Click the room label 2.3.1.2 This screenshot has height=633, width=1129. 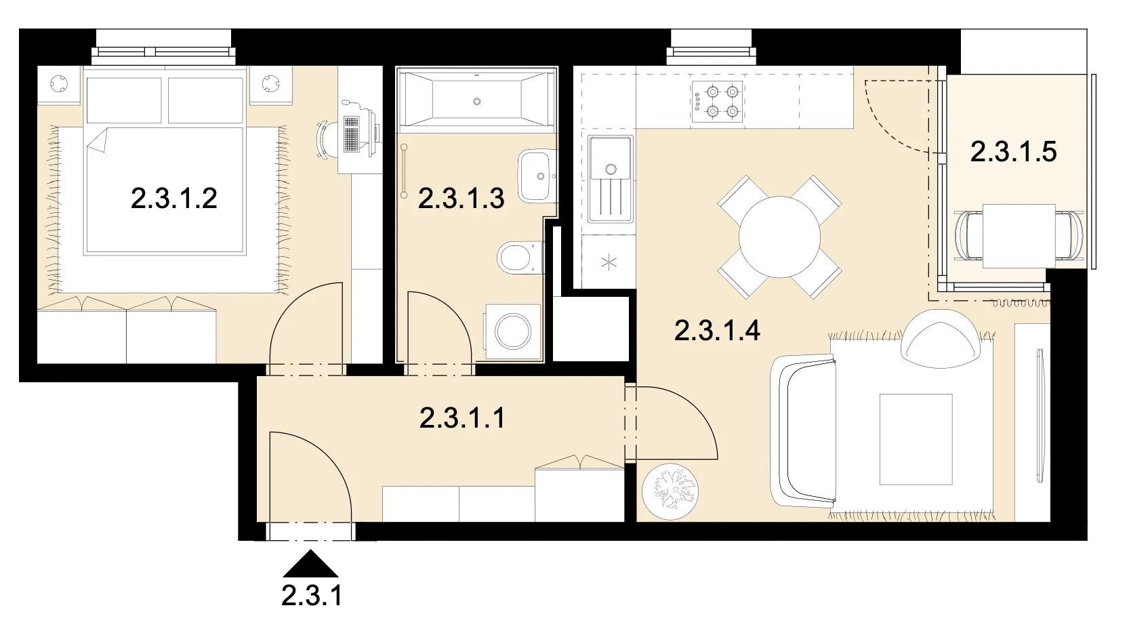174,198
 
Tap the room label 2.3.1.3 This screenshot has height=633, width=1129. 461,198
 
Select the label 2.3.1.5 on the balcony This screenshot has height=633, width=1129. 1014,152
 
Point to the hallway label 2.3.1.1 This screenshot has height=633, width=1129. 462,418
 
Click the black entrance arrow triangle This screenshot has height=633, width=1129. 310,564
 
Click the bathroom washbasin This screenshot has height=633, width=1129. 536,176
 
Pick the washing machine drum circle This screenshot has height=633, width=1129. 512,332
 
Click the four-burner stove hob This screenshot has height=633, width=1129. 717,102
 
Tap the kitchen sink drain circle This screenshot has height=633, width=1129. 611,169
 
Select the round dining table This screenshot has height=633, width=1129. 779,237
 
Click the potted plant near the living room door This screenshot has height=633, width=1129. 670,491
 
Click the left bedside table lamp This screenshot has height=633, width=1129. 59,83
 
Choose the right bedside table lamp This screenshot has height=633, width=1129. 270,83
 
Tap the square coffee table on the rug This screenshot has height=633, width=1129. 916,439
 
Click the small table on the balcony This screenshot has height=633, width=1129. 1019,236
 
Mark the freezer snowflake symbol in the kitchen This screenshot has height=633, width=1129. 609,262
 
